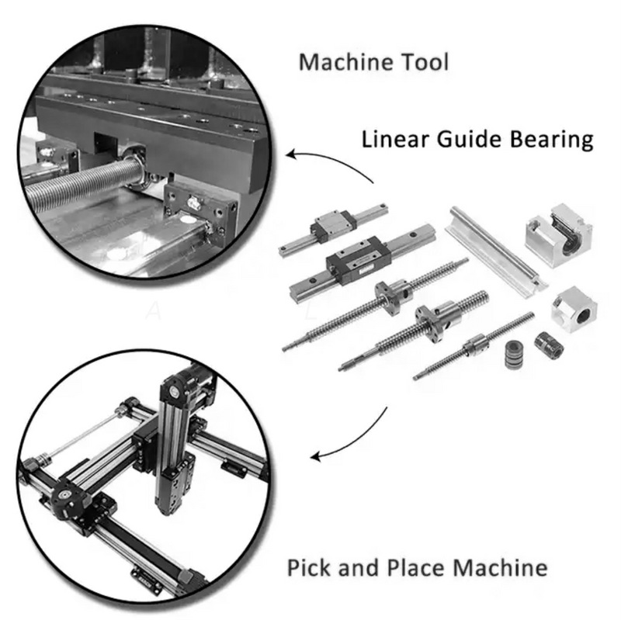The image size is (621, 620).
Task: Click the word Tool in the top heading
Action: pos(425,62)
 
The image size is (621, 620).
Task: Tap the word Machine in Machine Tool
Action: pos(346,62)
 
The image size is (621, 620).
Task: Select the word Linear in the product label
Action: pos(395,140)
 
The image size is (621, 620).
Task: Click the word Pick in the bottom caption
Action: pos(310,567)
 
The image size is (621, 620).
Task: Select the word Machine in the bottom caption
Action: pos(501,567)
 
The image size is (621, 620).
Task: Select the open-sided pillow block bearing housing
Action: pos(558,235)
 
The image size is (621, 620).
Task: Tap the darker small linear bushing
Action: pos(549,345)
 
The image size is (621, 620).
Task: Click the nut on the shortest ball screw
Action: pos(476,344)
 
